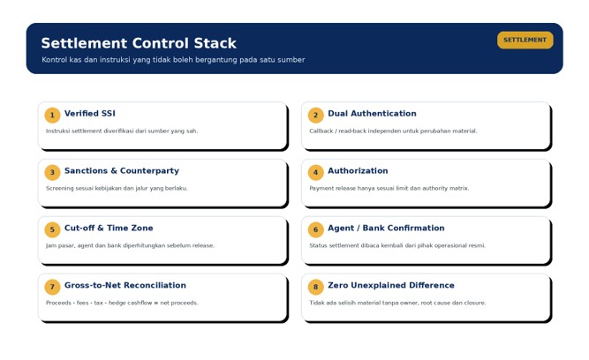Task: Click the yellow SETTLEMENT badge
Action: [525, 40]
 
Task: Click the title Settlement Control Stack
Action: [139, 43]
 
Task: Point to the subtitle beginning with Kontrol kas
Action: [173, 60]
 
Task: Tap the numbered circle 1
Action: [52, 115]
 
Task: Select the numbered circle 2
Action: [315, 115]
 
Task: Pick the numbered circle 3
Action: [52, 172]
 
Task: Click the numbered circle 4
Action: [315, 172]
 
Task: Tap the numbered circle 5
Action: [52, 229]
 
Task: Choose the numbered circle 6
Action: [315, 229]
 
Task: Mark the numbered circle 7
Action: [52, 287]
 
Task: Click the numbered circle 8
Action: [315, 287]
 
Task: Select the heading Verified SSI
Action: [90, 113]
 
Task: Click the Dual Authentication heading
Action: [372, 113]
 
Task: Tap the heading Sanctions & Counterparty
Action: [122, 171]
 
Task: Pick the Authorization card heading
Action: [358, 171]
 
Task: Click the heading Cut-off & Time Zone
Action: [109, 228]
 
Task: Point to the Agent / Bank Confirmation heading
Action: [386, 228]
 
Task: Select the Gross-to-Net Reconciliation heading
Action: [125, 285]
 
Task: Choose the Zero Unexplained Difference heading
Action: [390, 285]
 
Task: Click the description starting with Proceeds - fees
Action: [122, 303]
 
